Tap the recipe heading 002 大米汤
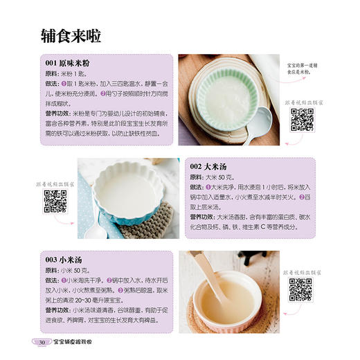[215, 168]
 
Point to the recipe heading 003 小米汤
[67, 260]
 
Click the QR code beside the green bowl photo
[302, 120]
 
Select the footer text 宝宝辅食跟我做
[75, 343]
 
